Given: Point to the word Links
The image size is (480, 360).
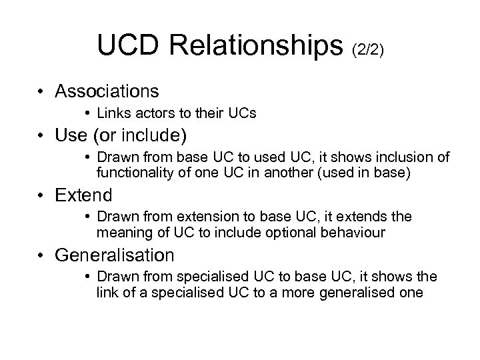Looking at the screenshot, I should click(111, 113).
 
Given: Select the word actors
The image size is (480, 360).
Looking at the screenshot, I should click(147, 113).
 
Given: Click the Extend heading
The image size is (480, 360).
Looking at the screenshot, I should click(84, 196).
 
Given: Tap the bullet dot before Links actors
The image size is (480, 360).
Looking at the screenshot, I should click(88, 114).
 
